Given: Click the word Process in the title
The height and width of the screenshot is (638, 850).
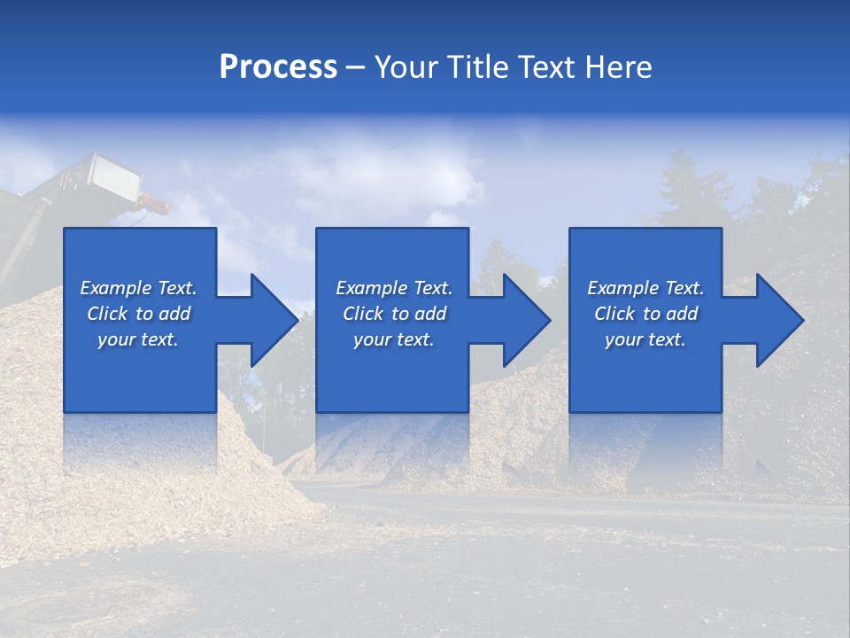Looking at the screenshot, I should [x=278, y=67].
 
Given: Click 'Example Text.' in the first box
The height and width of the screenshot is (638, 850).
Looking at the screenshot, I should [x=138, y=288].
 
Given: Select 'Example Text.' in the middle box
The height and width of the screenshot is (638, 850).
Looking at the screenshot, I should [x=393, y=288].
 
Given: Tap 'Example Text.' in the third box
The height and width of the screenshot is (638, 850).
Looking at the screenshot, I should [x=645, y=288].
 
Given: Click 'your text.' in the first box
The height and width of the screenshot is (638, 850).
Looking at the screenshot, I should [x=138, y=339].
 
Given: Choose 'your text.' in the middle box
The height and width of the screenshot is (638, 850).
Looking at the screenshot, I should [x=393, y=339].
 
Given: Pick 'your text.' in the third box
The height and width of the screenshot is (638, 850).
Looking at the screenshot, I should [x=645, y=339].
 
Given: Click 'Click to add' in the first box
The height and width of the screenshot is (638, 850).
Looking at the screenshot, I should [x=138, y=314].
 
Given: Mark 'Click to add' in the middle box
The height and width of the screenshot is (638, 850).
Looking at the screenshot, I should [x=393, y=314].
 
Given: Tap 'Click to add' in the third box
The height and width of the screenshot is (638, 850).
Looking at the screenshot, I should [x=645, y=314].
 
